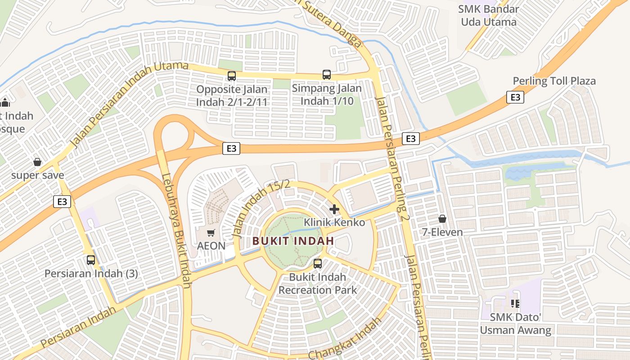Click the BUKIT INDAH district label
pyautogui.click(x=293, y=241)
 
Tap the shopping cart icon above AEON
pyautogui.click(x=211, y=233)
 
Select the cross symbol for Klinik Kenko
pyautogui.click(x=334, y=209)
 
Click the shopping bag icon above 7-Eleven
pyautogui.click(x=442, y=219)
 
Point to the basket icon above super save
pyautogui.click(x=37, y=162)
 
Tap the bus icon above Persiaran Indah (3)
pyautogui.click(x=91, y=260)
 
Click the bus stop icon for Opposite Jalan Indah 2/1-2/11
pyautogui.click(x=232, y=76)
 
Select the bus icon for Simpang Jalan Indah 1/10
pyautogui.click(x=327, y=75)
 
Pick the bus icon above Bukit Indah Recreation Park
pyautogui.click(x=318, y=264)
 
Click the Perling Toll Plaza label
pyautogui.click(x=554, y=81)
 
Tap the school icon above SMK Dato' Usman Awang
pyautogui.click(x=515, y=304)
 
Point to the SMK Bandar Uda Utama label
pyautogui.click(x=488, y=15)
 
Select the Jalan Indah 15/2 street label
pyautogui.click(x=261, y=208)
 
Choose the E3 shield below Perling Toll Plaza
pyautogui.click(x=515, y=97)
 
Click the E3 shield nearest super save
pyautogui.click(x=62, y=202)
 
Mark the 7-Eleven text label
pyautogui.click(x=442, y=232)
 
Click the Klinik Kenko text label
pyautogui.click(x=334, y=222)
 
